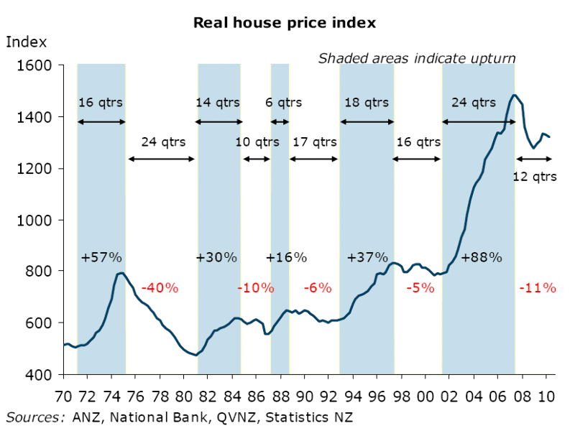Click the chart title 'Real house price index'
coord(284,23)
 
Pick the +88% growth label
coord(481,257)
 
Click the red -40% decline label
coord(159,288)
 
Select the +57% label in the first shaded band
coord(101,257)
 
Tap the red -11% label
coord(537,288)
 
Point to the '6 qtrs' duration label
coord(284,103)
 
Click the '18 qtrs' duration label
coord(367,103)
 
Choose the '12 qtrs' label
coord(534,176)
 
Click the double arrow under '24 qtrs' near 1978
coord(161,159)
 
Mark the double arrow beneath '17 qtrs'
coord(314,159)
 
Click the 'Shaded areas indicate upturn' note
coord(417,58)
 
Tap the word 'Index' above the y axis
coord(27,42)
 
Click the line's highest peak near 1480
coord(514,95)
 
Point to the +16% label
coord(286,257)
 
